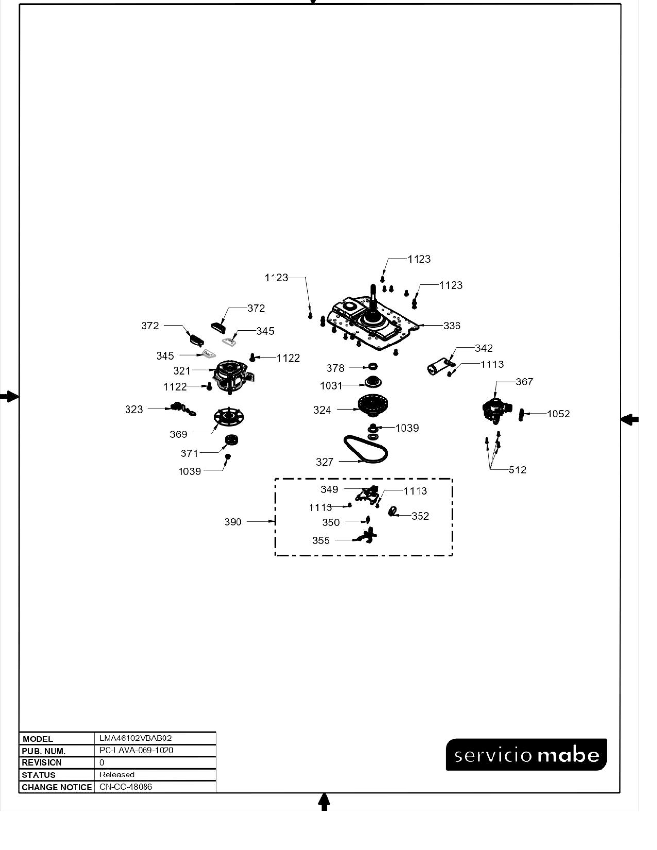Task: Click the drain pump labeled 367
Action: (496, 410)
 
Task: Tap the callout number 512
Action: (517, 470)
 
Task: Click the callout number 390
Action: (233, 522)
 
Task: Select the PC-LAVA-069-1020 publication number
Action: (136, 750)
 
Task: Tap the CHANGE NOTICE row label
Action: (57, 787)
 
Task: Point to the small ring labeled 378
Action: (373, 367)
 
